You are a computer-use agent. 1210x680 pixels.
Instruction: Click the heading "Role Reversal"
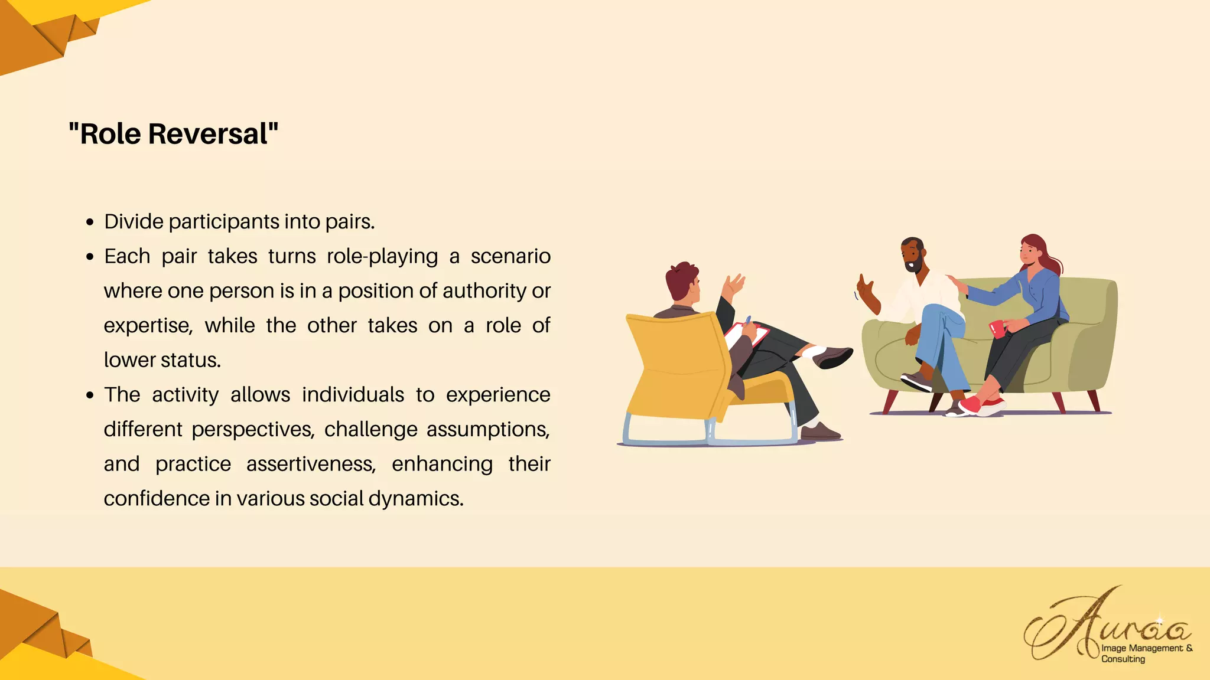click(x=173, y=134)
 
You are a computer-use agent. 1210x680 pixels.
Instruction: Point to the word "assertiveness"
click(x=311, y=465)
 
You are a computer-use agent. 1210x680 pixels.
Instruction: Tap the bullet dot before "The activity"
click(x=90, y=395)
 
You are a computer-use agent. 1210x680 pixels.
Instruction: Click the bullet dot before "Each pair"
click(x=90, y=257)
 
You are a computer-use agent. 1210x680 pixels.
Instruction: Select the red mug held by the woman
click(x=997, y=329)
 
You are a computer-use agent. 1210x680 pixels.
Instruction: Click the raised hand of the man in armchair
click(x=734, y=286)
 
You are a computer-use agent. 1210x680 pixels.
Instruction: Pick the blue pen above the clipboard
click(x=748, y=321)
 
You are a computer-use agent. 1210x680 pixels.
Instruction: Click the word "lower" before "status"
click(x=129, y=360)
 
